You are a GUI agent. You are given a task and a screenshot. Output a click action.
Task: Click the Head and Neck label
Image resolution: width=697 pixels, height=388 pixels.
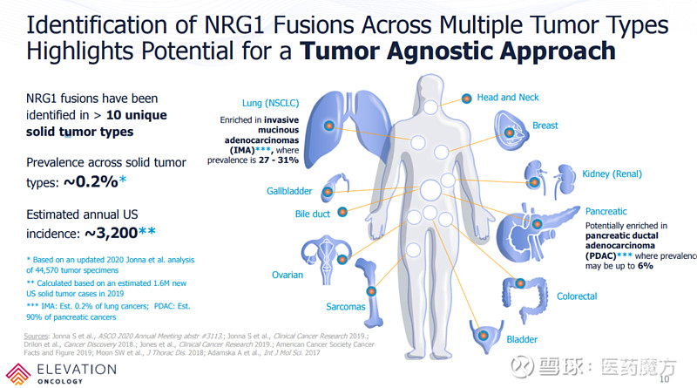(x=508, y=98)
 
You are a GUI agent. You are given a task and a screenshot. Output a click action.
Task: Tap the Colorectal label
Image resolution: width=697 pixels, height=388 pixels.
(x=577, y=296)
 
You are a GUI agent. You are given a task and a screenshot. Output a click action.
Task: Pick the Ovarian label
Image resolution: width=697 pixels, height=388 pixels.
(x=287, y=276)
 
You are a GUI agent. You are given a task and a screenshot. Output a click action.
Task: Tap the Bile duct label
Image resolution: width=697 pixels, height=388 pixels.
(x=313, y=214)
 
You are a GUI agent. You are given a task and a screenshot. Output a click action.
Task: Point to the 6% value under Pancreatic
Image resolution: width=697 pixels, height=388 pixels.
(x=645, y=265)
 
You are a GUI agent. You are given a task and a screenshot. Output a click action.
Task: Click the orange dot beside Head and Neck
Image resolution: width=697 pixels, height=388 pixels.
(x=467, y=98)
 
